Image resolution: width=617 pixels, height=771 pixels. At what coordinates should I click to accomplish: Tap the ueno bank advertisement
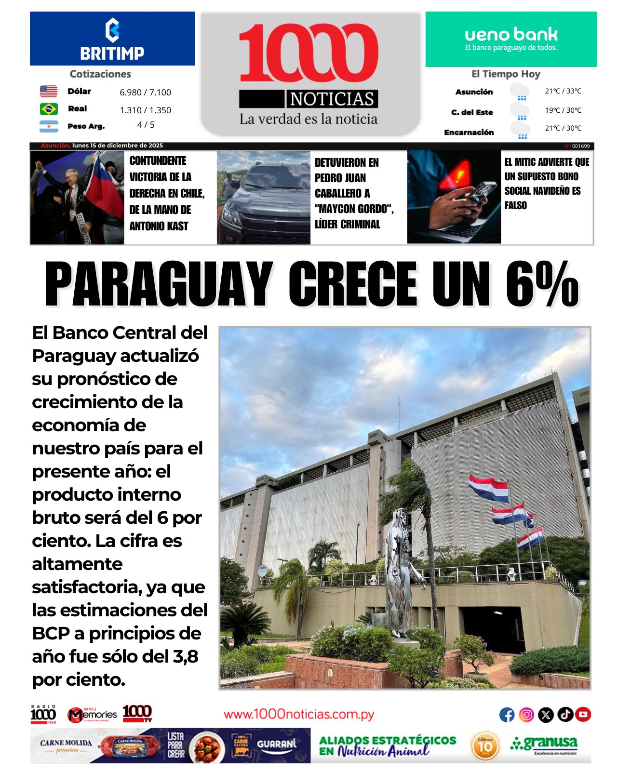click(511, 40)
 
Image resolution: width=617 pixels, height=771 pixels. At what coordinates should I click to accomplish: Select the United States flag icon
click(49, 91)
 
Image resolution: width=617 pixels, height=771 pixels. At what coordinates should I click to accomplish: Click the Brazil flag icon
click(49, 109)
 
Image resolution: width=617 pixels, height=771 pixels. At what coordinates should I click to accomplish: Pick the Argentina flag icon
click(49, 126)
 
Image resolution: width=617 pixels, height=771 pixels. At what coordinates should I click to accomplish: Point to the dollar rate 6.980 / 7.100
click(145, 93)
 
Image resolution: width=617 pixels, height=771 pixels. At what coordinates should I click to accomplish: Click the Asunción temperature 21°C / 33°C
click(563, 91)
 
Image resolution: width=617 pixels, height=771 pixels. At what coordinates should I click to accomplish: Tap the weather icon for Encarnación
click(520, 130)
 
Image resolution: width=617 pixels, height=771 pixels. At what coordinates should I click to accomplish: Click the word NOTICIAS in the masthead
click(332, 99)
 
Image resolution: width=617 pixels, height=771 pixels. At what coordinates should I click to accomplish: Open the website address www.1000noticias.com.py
click(299, 714)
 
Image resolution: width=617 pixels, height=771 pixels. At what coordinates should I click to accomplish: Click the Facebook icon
click(507, 715)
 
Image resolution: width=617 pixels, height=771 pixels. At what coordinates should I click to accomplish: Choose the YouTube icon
click(583, 715)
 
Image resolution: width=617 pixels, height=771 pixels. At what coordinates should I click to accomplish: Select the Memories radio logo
click(92, 715)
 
